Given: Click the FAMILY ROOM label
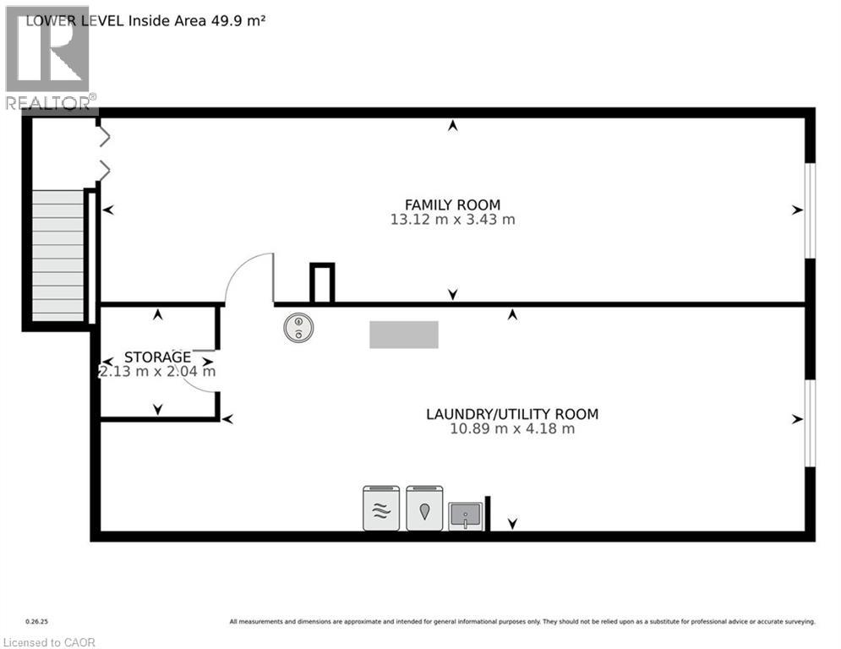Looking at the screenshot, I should (452, 205).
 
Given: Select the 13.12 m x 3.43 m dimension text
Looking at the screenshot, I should (452, 220).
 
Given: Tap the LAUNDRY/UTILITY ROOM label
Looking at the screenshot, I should (512, 414).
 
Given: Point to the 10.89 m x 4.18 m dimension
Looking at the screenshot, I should (512, 428).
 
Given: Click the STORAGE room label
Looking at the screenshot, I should (157, 357).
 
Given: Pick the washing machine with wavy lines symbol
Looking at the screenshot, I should (381, 508).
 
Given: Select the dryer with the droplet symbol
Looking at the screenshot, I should (424, 508).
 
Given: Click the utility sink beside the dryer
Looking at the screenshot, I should (465, 514).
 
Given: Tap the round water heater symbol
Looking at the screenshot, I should (298, 328).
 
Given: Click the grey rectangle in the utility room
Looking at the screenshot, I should (404, 335).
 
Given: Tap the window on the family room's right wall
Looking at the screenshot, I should (809, 210).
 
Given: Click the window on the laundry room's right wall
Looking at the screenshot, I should (809, 423).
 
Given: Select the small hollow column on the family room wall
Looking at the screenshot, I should (322, 283).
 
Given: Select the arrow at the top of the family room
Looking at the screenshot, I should (453, 126).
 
